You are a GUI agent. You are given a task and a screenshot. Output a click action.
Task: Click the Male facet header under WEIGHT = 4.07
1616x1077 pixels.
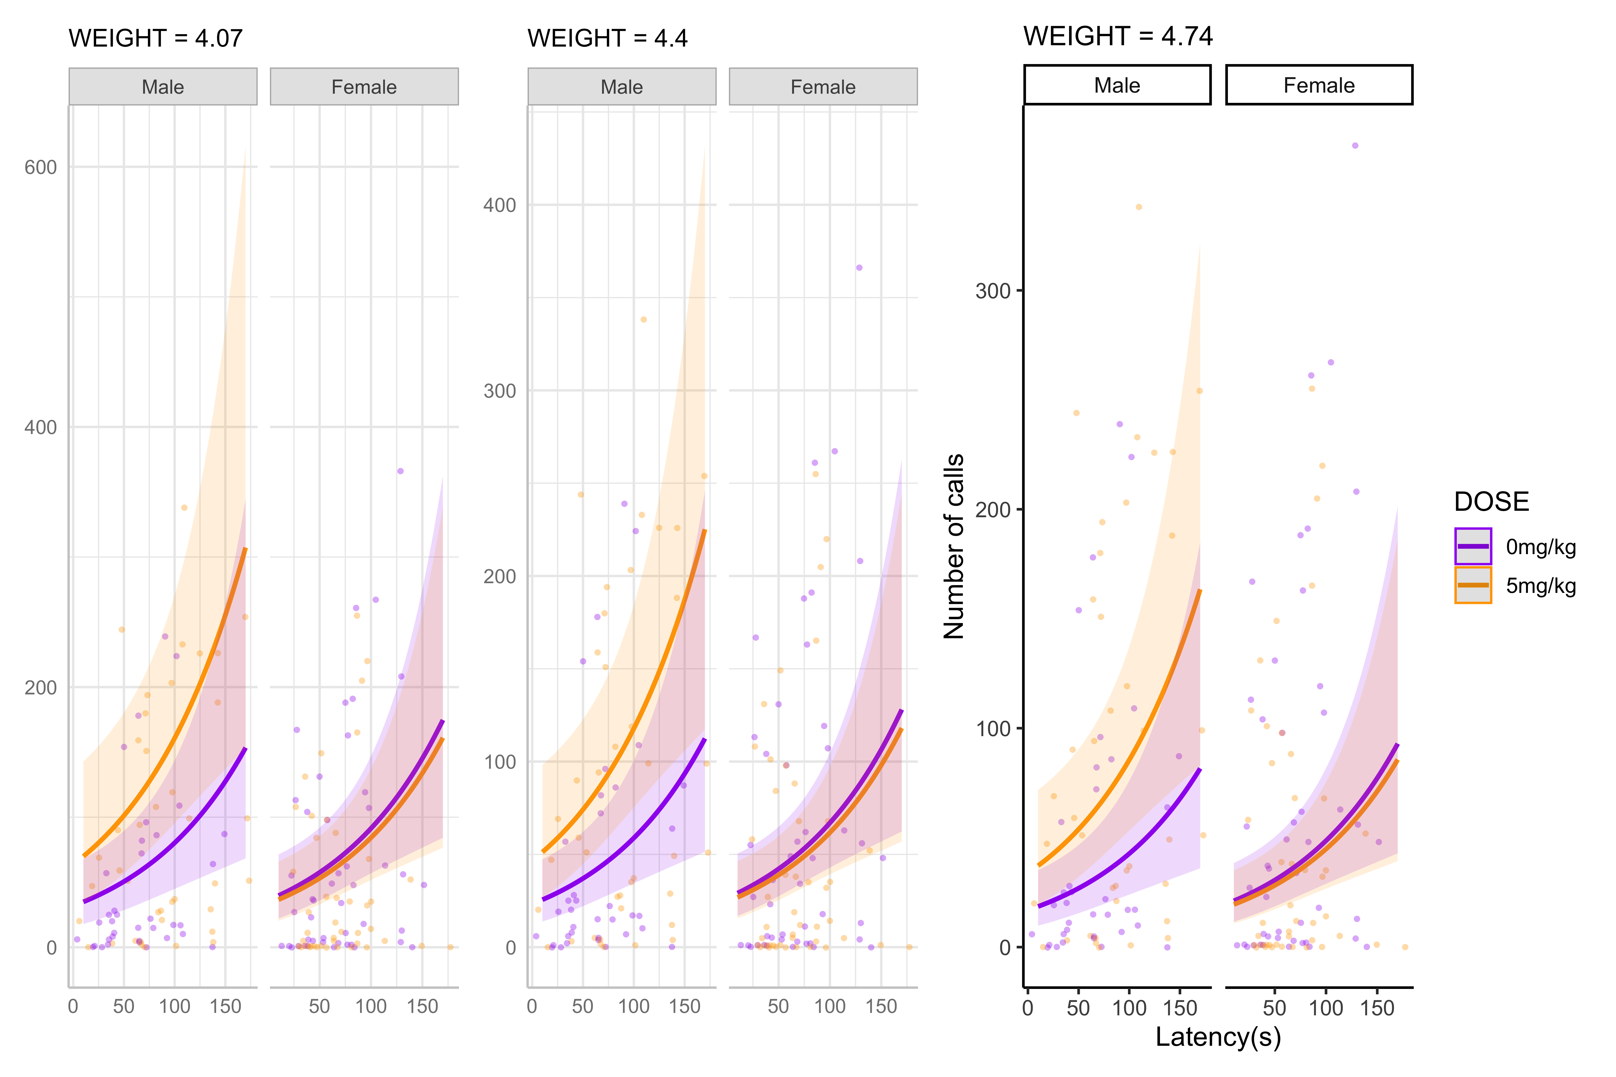pos(163,86)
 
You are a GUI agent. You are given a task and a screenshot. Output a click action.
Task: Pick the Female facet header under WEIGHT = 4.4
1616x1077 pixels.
pos(823,86)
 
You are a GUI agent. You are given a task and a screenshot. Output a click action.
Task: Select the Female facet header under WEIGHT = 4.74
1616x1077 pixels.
pos(1318,85)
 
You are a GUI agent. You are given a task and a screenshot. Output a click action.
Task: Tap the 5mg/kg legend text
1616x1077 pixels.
pos(1540,586)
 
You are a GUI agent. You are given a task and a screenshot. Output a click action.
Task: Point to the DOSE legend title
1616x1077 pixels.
pos(1491,501)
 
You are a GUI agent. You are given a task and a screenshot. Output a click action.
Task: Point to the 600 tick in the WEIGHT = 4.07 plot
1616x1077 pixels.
pos(41,167)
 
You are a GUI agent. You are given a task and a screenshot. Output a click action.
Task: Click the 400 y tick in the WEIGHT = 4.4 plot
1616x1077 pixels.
pos(500,205)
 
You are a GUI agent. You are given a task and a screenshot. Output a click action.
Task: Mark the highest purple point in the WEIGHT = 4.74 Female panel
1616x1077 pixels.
pos(1355,146)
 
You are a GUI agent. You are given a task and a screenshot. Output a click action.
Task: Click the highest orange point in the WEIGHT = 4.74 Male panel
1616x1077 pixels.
pos(1138,207)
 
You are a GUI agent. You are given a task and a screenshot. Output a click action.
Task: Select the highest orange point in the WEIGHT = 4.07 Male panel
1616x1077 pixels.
pos(184,508)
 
